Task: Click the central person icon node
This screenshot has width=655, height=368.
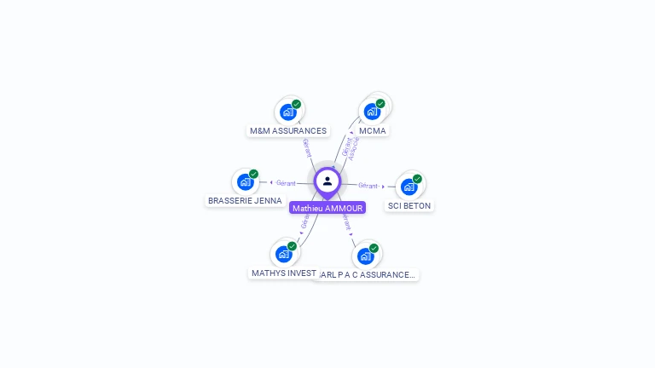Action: [x=327, y=181]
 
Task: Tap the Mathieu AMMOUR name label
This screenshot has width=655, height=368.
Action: [x=327, y=208]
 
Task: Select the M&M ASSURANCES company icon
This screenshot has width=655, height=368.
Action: [x=288, y=112]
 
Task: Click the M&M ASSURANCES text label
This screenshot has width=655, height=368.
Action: [x=287, y=131]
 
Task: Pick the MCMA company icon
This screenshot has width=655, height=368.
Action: [x=372, y=112]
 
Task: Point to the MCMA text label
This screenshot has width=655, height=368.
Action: [x=373, y=131]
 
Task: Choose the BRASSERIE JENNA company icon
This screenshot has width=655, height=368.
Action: [x=246, y=181]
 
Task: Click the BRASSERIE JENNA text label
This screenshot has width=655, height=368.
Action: [x=245, y=201]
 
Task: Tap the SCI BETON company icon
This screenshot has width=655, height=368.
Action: [x=409, y=187]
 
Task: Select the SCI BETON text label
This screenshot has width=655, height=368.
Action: [x=409, y=206]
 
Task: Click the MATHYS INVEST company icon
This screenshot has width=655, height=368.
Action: [x=284, y=254]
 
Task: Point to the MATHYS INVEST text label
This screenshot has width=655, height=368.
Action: [x=284, y=273]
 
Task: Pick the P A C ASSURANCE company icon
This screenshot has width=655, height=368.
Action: [x=366, y=256]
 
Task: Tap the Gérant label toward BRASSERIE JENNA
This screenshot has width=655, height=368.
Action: [x=286, y=183]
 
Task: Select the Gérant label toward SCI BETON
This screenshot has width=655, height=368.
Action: [x=368, y=186]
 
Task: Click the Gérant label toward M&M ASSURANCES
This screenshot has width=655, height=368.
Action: [x=306, y=148]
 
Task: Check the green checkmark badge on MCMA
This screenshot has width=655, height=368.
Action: [x=380, y=104]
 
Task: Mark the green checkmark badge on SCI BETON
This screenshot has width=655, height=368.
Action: [x=417, y=179]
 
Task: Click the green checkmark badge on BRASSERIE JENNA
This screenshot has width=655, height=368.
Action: [x=253, y=174]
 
